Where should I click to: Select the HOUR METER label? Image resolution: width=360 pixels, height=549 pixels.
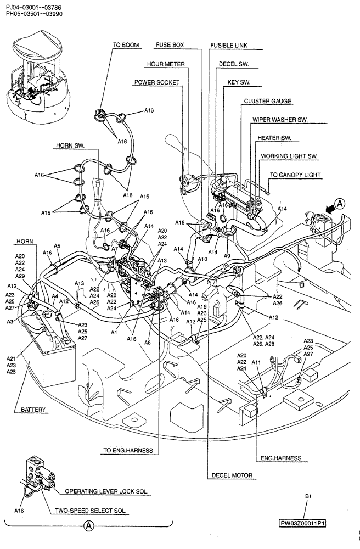(165, 64)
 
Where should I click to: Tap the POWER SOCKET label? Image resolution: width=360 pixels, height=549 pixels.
(157, 82)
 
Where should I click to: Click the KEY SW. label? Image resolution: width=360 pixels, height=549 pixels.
(239, 82)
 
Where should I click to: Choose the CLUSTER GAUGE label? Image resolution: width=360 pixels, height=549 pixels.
(268, 101)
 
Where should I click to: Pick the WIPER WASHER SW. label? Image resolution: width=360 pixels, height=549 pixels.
(279, 119)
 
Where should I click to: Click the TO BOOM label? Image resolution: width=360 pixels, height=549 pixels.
(126, 45)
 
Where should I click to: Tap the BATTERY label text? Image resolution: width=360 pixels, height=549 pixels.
(33, 410)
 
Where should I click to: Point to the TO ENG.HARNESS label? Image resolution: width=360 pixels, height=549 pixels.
(128, 451)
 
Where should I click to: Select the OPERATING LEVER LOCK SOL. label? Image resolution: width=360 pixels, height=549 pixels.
(108, 491)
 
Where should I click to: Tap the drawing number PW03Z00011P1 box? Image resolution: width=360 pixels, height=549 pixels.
(302, 523)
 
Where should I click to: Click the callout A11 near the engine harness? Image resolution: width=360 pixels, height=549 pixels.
(256, 363)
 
